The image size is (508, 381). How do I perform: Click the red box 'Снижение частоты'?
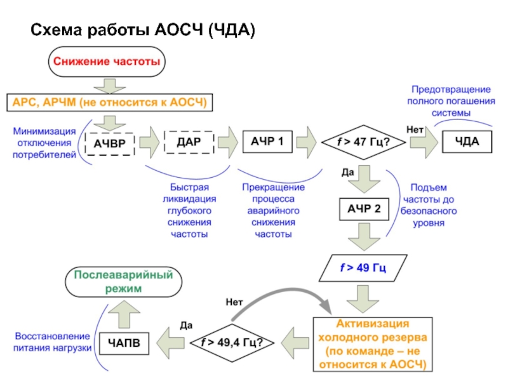[x=105, y=63]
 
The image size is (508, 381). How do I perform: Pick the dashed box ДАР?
[x=189, y=142]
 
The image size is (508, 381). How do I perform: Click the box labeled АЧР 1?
[x=267, y=142]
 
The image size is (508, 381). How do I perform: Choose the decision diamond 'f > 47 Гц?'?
[x=363, y=142]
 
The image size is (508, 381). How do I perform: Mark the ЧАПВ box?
[x=124, y=343]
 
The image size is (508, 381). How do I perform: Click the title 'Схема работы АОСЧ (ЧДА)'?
[x=143, y=30]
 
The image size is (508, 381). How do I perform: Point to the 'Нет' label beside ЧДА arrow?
[x=415, y=130]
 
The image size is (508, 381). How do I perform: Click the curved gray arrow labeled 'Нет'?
[x=279, y=294]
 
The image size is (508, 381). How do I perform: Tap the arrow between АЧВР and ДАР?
[x=150, y=143]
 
